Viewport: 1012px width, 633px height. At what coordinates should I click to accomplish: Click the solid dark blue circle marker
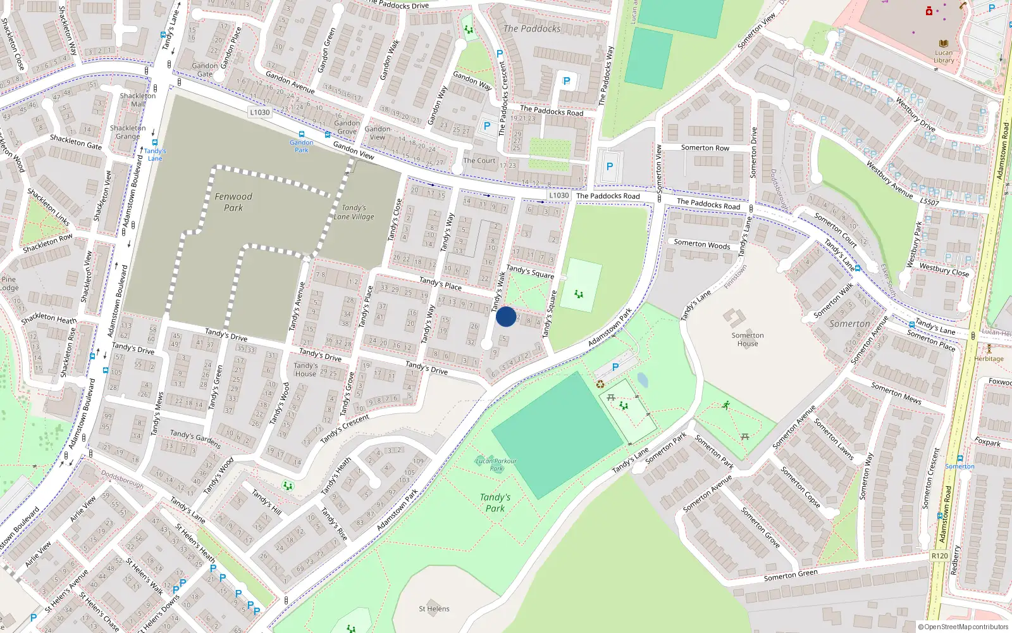pos(506,316)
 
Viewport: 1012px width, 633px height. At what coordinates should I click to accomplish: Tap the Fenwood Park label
pos(233,202)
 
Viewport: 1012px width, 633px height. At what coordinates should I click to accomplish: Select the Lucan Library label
pos(944,57)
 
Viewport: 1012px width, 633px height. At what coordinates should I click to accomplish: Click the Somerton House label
pos(748,339)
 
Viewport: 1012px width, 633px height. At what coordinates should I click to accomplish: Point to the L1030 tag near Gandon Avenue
pos(259,112)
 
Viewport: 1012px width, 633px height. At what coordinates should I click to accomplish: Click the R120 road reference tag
pos(939,556)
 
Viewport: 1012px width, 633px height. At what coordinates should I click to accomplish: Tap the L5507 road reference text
pos(929,201)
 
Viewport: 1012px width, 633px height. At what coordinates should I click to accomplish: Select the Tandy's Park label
pos(495,503)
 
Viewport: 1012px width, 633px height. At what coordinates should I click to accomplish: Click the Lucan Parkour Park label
pos(496,465)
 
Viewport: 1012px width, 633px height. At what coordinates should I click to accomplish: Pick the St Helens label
pos(434,609)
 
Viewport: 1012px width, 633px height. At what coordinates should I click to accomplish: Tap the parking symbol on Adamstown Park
pos(615,367)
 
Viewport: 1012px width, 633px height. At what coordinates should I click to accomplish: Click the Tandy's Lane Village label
pos(354,212)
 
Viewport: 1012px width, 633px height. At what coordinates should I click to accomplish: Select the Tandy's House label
pos(305,370)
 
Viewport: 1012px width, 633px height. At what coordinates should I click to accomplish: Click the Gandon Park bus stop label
pos(302,146)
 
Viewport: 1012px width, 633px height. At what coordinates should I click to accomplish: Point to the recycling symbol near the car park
pos(600,384)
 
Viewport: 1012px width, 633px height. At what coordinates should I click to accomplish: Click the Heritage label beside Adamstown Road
pos(989,358)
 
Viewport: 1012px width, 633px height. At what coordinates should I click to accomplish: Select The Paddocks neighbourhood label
pos(532,28)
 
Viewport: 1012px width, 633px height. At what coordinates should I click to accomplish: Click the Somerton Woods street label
pos(701,244)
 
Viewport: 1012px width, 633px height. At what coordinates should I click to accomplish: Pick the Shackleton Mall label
pos(137,100)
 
